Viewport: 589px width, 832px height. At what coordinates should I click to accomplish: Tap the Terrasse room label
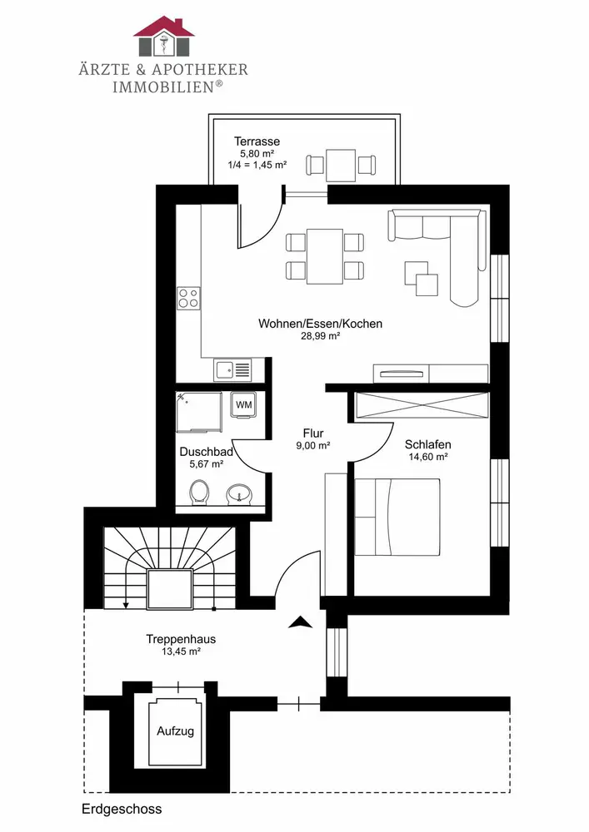point(257,141)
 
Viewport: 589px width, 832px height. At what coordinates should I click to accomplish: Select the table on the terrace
point(341,166)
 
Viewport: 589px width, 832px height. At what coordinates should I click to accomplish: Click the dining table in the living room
point(325,256)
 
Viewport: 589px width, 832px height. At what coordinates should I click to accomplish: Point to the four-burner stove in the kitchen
point(188,298)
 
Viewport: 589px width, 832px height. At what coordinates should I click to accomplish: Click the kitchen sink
point(233,369)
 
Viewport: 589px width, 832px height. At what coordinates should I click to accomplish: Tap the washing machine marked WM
point(244,405)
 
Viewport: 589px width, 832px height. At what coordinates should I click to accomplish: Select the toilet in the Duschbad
point(199,492)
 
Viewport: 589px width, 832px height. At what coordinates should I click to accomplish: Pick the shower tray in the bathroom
point(198,413)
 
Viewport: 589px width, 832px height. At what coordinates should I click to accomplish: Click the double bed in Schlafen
point(397,518)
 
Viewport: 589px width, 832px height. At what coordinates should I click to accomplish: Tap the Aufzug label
point(175,731)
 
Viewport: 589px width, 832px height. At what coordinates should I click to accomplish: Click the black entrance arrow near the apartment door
point(301,622)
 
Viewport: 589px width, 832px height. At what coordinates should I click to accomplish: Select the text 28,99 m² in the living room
point(320,336)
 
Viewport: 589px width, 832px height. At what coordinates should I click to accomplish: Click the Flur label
point(313,433)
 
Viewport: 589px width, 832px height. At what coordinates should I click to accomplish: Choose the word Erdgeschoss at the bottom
point(122,810)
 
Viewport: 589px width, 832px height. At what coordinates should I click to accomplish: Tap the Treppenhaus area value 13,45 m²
point(181,651)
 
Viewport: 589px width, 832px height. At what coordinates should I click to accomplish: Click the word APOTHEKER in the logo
point(200,70)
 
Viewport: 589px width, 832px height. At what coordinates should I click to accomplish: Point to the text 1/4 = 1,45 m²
point(257,165)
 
